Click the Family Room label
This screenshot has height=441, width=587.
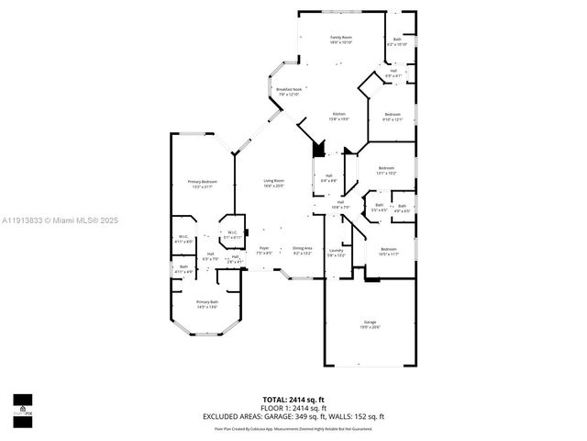pos(341,40)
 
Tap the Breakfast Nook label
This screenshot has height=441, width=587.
pos(290,92)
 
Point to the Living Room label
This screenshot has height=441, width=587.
pos(273,183)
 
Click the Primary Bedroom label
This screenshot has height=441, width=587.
pos(201,184)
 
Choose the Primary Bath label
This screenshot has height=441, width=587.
pos(207,304)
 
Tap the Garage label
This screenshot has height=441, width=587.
pos(371,323)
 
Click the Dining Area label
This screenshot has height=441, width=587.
pos(303,250)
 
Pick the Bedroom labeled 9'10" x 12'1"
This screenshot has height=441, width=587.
pos(393,116)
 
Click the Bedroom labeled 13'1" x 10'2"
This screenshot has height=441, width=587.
pos(386,170)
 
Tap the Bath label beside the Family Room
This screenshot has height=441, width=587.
pos(397,41)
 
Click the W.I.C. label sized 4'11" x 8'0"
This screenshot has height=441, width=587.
pos(183,240)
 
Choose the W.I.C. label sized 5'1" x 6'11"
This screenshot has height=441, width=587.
pos(232,234)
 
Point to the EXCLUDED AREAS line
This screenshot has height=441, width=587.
pos(293,416)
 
